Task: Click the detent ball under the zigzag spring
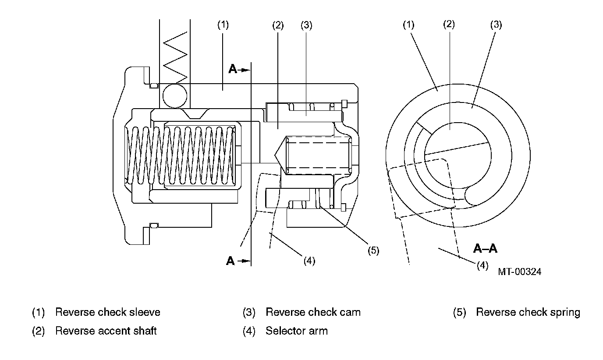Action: click(x=175, y=96)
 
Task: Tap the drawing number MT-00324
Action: click(x=519, y=272)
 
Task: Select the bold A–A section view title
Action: click(x=485, y=248)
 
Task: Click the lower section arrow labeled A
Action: click(x=238, y=261)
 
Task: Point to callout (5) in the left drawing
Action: click(x=373, y=251)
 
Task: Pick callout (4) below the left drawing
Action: click(x=309, y=261)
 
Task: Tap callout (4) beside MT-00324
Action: click(x=482, y=265)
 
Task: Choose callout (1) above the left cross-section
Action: click(x=223, y=25)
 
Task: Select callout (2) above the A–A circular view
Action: click(x=449, y=24)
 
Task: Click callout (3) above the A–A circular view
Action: click(x=496, y=25)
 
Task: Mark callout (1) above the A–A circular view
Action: click(x=408, y=25)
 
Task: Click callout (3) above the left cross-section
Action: click(x=306, y=25)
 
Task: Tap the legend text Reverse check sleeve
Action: click(x=108, y=312)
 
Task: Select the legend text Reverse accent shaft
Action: click(x=106, y=331)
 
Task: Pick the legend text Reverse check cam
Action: click(x=313, y=312)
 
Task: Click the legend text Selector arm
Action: click(x=297, y=331)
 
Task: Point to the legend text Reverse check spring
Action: click(x=528, y=312)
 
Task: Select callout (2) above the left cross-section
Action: click(x=278, y=25)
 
